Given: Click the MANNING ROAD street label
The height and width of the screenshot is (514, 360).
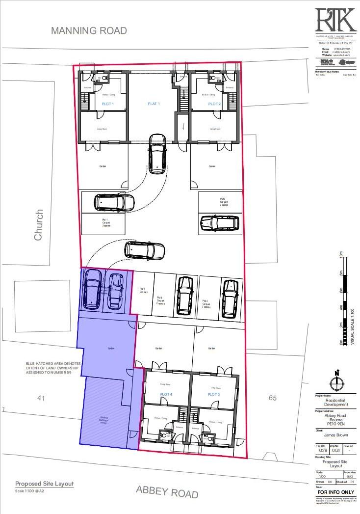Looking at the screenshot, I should point(89,31).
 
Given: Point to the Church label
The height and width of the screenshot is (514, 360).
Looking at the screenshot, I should point(39,225).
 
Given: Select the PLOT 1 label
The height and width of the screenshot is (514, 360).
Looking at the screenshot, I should point(107,104).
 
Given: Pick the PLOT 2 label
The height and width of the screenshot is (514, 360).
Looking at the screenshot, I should point(214,104).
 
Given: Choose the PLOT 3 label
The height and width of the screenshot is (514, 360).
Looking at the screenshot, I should point(213,394).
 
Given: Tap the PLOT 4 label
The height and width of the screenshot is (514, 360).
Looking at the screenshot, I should point(166,394).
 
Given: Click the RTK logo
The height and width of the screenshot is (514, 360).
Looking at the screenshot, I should point(335,20).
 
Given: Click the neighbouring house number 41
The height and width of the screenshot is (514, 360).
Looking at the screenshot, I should point(41,398).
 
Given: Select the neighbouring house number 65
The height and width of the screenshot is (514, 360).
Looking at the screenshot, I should point(273,398).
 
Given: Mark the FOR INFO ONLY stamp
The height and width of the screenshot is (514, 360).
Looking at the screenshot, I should point(336,492).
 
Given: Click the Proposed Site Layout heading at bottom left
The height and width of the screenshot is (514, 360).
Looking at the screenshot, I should point(44,484).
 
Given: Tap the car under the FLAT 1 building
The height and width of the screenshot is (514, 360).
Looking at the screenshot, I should point(157,153).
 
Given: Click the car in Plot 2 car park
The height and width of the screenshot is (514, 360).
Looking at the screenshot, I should point(219,223).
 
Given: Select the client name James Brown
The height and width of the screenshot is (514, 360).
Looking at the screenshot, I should point(336,434).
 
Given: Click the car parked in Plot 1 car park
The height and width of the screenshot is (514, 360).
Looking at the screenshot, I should point(115,202).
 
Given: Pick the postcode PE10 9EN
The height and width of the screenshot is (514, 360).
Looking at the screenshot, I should point(336,422).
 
